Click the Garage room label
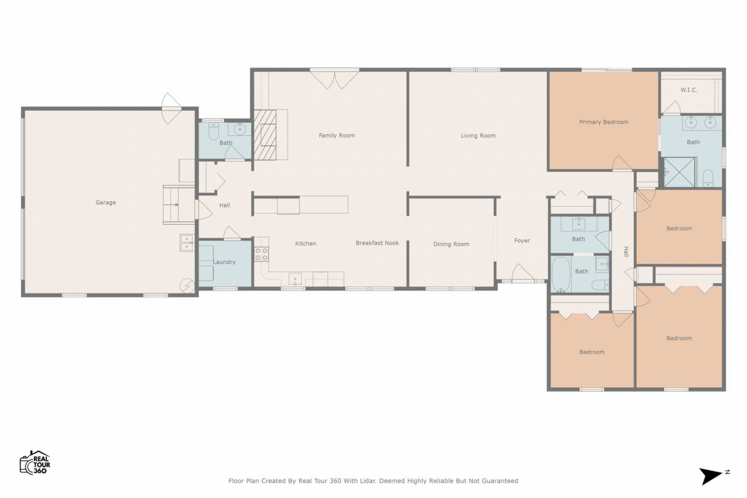[x=106, y=203]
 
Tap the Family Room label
[x=337, y=135]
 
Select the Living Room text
[x=478, y=135]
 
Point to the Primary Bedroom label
[x=604, y=122]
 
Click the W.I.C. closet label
[x=689, y=90]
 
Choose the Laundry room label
[x=224, y=262]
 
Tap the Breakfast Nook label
[x=377, y=243]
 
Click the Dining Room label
[x=451, y=244]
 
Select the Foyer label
[x=522, y=241]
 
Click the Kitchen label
[x=305, y=244]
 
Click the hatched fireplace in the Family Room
[x=265, y=135]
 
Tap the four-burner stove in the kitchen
[x=261, y=254]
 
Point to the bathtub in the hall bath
[x=561, y=274]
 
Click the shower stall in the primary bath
[x=679, y=172]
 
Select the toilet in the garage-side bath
[x=213, y=131]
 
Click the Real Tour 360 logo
[x=35, y=462]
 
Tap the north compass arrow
[x=710, y=476]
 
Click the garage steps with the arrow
[x=179, y=205]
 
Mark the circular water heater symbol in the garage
[x=187, y=286]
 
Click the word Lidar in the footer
[x=368, y=481]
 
